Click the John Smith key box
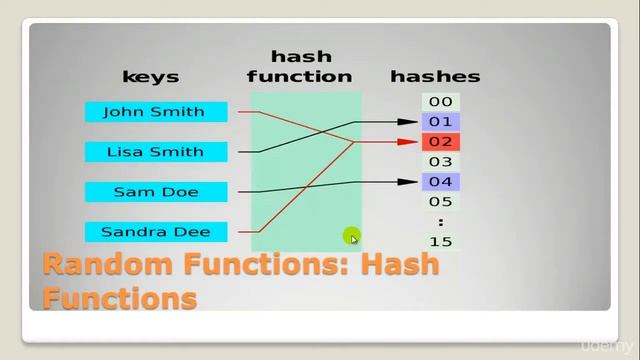click(x=155, y=112)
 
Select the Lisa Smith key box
click(x=155, y=152)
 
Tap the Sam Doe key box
click(x=155, y=192)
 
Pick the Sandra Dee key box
click(x=155, y=232)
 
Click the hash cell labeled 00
click(x=440, y=102)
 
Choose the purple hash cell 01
click(x=440, y=122)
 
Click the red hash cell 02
click(x=440, y=142)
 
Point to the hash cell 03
click(x=440, y=162)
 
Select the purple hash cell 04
click(x=440, y=182)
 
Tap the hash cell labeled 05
click(x=440, y=202)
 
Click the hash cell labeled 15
click(x=440, y=242)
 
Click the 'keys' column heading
click(x=150, y=76)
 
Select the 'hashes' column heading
click(x=435, y=76)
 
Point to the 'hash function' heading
click(x=300, y=66)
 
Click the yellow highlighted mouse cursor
click(x=352, y=236)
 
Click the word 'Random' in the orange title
click(x=110, y=266)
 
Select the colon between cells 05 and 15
click(x=440, y=222)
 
